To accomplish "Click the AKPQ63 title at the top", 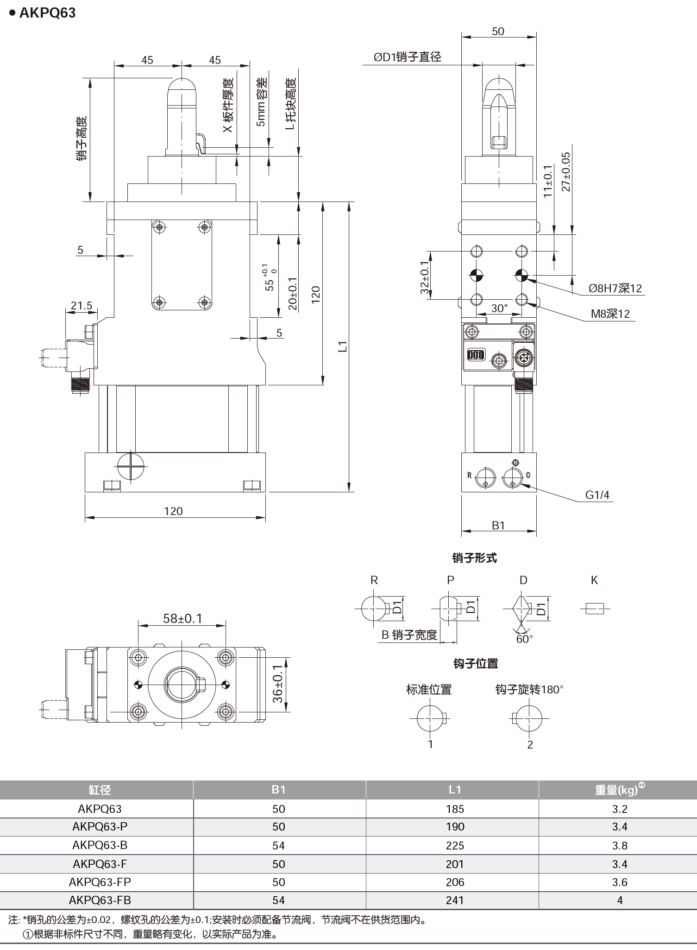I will [47, 13].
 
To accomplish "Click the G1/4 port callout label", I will [597, 495].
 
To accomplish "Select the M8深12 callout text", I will [610, 314].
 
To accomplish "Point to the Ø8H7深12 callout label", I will [615, 288].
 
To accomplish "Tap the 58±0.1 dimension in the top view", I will [182, 618].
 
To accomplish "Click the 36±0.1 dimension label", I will [277, 683].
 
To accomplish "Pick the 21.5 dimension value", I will [82, 306].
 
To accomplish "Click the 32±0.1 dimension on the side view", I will [425, 277].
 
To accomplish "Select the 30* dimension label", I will [499, 308].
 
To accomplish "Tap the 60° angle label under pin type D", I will [524, 638].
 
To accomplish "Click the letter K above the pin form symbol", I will [594, 580].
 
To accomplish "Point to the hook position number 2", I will [530, 744].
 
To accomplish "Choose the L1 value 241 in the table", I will [454, 900].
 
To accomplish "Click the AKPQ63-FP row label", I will [100, 881].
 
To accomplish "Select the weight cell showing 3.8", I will [619, 845].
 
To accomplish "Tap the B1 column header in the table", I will [278, 790].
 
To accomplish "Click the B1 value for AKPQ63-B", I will [278, 845].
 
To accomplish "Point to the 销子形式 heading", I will [474, 558].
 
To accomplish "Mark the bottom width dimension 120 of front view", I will [173, 511].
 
